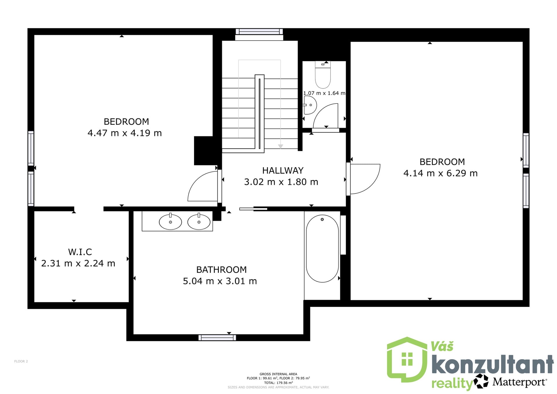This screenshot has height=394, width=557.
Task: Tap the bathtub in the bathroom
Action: pos(322,248)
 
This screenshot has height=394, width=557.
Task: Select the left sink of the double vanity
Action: pos(170,222)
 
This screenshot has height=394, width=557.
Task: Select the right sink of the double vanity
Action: pos(199,222)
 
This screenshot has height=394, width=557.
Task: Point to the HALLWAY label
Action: pos(283,170)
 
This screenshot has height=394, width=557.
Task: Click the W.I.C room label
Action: pos(80,252)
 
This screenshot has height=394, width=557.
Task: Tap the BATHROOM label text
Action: pos(221,270)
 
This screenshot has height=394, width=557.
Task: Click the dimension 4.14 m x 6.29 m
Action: pos(440,173)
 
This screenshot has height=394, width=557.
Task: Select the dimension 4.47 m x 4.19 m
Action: pos(125,133)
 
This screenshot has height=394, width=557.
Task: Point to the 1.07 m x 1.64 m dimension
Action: pos(324,93)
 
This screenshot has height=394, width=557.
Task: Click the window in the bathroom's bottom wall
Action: pos(217,337)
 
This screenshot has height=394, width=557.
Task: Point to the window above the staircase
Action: pos(259,31)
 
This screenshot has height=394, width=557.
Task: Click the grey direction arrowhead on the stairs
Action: pos(281,147)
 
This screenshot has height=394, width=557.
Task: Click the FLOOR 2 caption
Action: pos(21,361)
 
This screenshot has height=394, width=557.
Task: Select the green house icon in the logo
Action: pos(407,360)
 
